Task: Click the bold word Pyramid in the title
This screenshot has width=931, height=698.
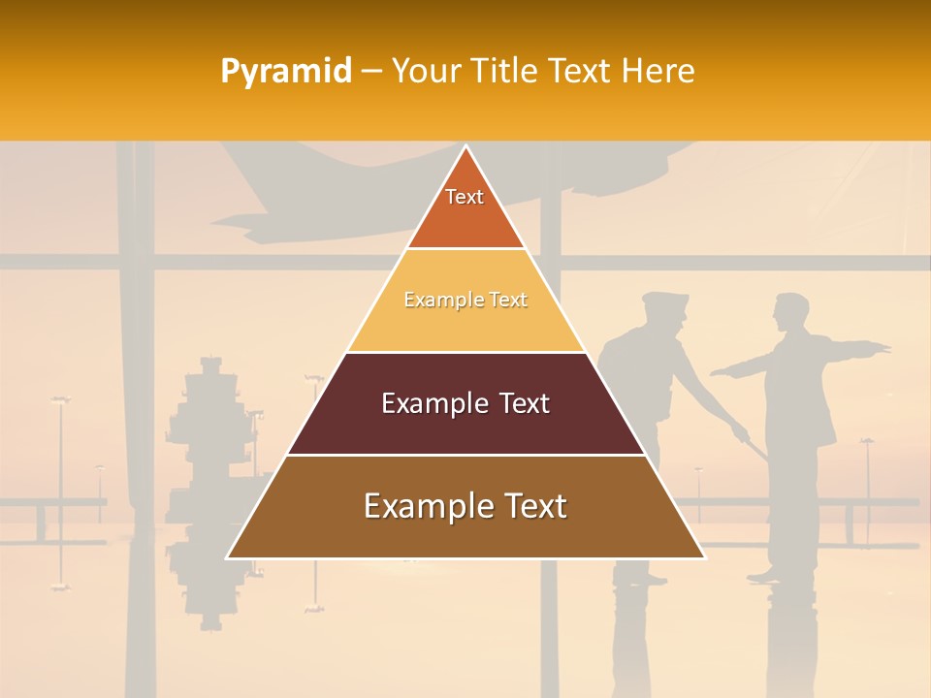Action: tap(285, 72)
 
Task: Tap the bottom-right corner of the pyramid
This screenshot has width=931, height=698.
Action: tap(703, 557)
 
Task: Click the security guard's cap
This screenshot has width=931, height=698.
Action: tap(664, 300)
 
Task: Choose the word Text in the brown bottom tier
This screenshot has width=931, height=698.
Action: tap(528, 507)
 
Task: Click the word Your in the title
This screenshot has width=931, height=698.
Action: tap(425, 72)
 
